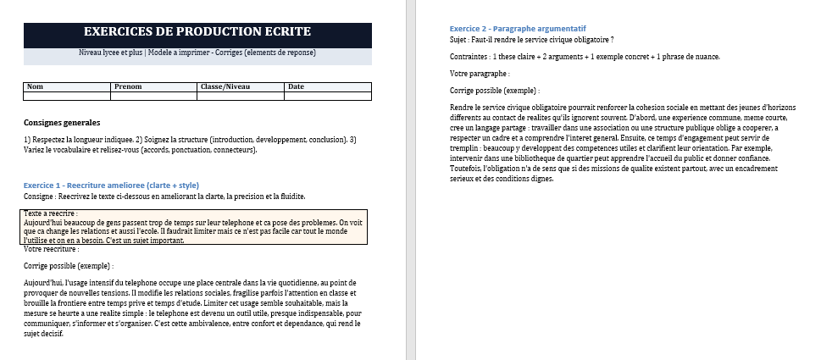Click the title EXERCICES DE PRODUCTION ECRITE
[197, 32]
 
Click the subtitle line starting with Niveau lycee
[197, 53]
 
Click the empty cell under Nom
[67, 96]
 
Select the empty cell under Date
[327, 96]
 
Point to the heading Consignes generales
[62, 122]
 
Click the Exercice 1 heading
[111, 185]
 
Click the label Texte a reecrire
[51, 213]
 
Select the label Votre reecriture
[51, 249]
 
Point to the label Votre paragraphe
[479, 73]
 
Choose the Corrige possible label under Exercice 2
[495, 90]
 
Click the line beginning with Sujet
[531, 39]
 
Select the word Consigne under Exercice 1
[41, 197]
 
